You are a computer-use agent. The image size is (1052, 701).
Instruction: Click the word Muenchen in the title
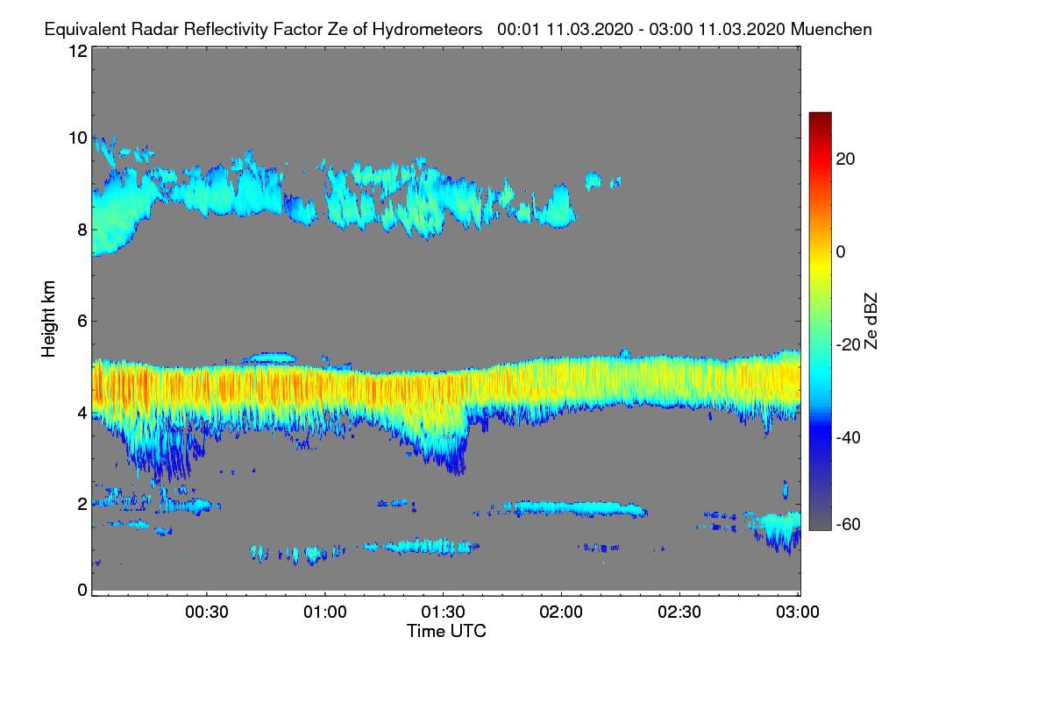831,29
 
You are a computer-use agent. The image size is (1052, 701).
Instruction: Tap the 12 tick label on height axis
77,51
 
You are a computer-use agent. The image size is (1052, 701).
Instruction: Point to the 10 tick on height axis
77,138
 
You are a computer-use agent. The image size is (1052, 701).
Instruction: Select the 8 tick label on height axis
82,230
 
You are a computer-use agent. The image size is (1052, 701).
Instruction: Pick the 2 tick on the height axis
82,504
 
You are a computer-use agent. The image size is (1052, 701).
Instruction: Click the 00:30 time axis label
207,612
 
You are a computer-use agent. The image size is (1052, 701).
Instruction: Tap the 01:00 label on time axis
325,612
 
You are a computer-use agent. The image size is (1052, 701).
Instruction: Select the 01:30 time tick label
444,612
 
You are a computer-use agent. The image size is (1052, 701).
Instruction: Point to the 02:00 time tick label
562,612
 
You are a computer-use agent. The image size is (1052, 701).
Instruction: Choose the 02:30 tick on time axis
680,612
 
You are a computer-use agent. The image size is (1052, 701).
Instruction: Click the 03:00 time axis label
798,612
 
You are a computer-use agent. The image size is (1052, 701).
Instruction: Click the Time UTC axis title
446,631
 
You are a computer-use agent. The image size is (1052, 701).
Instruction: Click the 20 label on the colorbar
846,159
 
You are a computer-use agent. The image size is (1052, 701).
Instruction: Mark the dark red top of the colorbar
820,117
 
